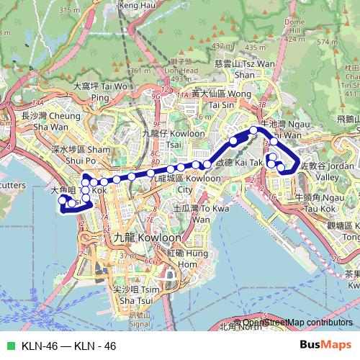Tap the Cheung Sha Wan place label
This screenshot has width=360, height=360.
50,121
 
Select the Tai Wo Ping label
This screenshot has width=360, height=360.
101,91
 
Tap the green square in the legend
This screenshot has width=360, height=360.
9,346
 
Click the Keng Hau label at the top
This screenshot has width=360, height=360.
137,5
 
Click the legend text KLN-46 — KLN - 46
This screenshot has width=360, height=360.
68,346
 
